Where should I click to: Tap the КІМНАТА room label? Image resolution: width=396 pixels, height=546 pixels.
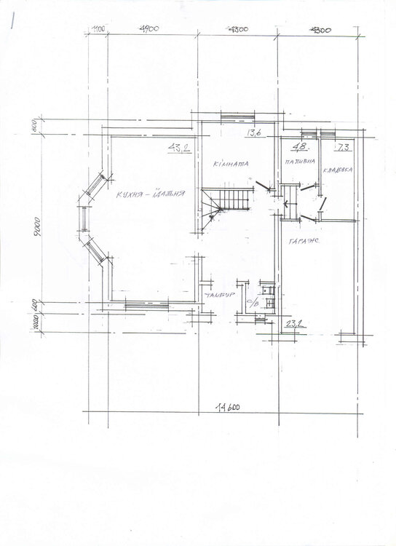tap(231, 165)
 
